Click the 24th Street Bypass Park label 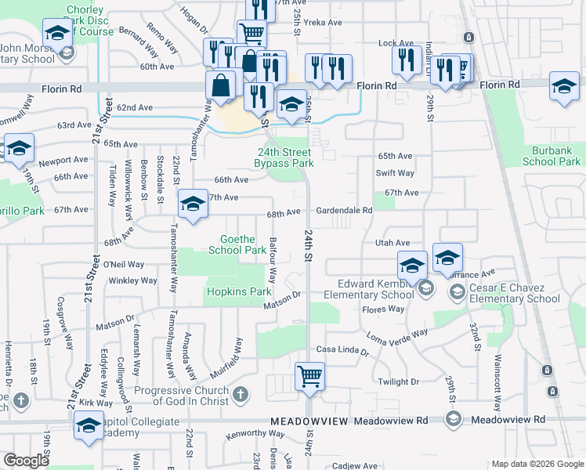(x=284, y=157)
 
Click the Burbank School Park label (x=551, y=155)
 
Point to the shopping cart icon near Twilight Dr (x=309, y=377)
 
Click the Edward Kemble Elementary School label (x=375, y=289)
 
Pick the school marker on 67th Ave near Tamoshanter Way (x=191, y=204)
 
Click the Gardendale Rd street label (x=344, y=211)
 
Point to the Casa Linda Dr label (x=342, y=349)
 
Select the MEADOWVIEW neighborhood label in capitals (x=309, y=421)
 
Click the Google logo (x=26, y=461)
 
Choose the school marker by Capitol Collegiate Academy (x=88, y=427)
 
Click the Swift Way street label (x=395, y=173)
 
